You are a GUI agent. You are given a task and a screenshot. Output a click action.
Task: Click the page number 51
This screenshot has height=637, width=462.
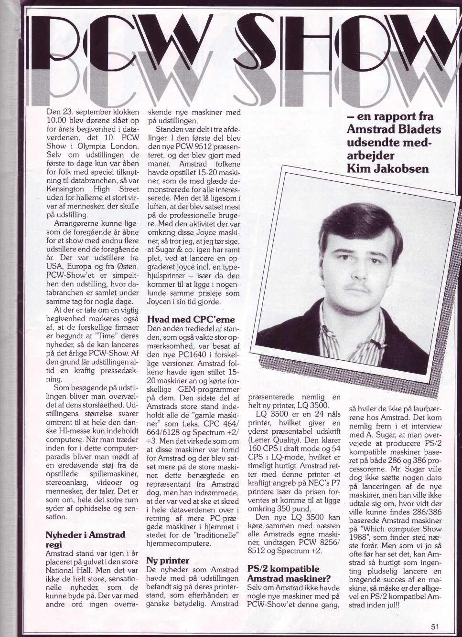(x=433, y=627)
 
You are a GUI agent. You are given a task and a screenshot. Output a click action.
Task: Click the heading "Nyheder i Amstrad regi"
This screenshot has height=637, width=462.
(x=85, y=540)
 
